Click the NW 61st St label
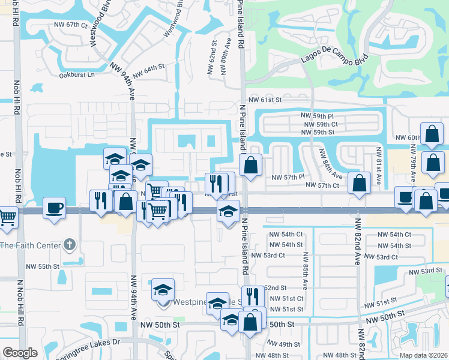coord(265,100)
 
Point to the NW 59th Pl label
coord(318,115)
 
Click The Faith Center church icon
coord(70,245)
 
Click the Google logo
coord(20,353)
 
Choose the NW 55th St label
coord(43,266)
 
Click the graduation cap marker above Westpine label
coord(162,290)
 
